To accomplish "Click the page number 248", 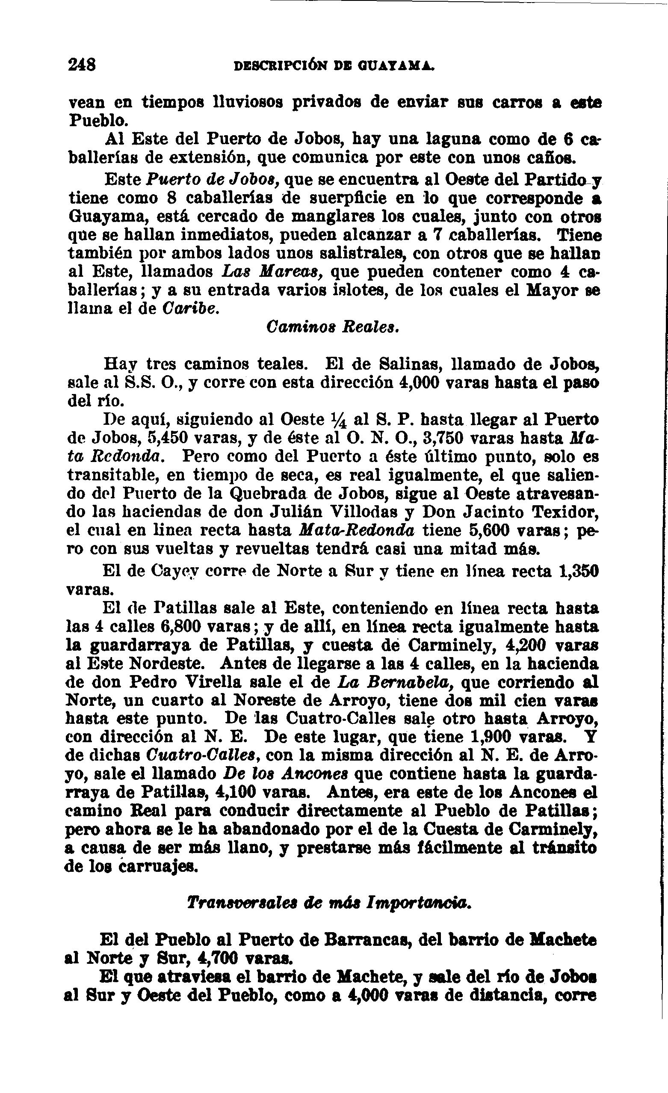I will (83, 65).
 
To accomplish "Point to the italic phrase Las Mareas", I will (271, 271).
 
